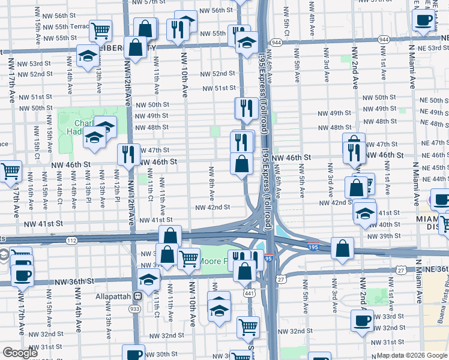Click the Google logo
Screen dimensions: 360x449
pos(20,353)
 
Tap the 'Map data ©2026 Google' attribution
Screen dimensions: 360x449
pos(412,355)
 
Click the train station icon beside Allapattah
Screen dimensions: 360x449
pos(138,295)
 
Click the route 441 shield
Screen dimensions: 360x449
pos(249,293)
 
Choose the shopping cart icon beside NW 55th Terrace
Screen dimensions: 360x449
pos(101,29)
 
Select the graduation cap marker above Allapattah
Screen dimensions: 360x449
pos(148,279)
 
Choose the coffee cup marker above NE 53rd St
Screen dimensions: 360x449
pos(424,20)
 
